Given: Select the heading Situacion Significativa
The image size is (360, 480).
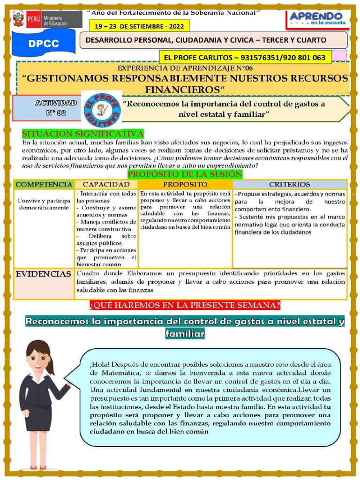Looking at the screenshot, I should pos(83,134).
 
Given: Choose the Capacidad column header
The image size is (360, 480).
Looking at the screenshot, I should pos(106,184).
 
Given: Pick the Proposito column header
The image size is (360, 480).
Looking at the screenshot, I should pos(185,184).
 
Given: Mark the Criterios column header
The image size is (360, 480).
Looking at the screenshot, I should pos(289,184).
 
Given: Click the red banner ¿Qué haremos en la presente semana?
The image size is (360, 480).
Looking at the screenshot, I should pos(185,306).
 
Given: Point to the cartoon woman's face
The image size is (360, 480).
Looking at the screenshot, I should pos(37,360).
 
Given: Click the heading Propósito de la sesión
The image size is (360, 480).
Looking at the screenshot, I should pos(185,174).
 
